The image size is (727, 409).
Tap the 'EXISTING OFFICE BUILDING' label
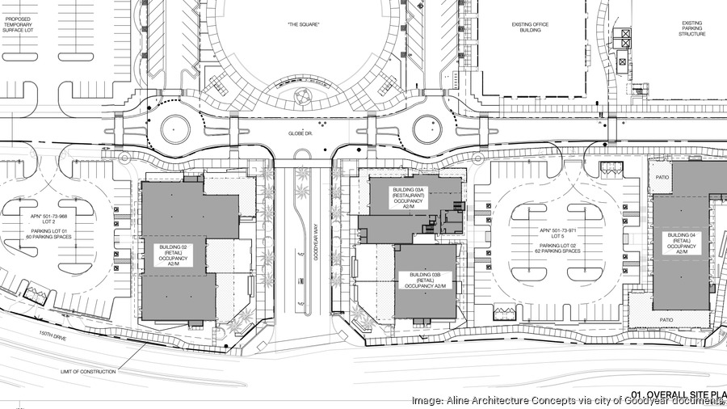[x=530, y=29]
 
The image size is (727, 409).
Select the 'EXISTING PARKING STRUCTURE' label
[x=691, y=29]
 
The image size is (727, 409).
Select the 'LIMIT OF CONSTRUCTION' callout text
[x=88, y=371]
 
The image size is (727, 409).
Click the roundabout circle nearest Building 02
[x=175, y=128]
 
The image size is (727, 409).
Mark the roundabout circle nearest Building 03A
[x=427, y=128]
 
